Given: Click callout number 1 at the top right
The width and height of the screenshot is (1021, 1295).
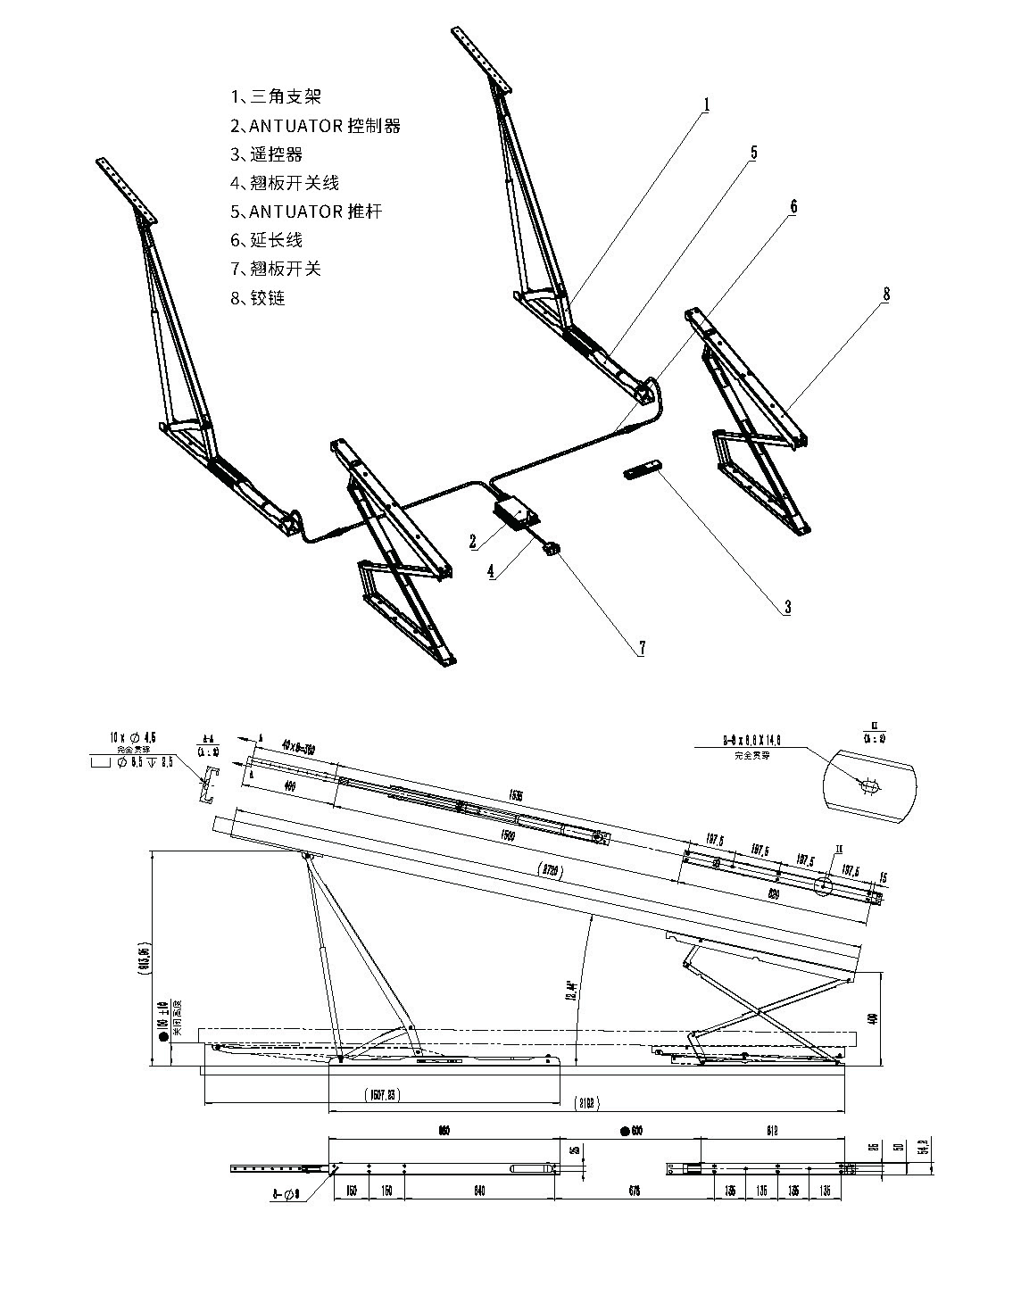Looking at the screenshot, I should (x=705, y=105).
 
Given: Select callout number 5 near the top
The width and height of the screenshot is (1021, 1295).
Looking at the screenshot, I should (x=753, y=153).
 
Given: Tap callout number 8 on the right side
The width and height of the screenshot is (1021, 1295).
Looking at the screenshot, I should (x=885, y=294).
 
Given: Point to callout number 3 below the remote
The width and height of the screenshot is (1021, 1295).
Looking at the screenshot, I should (x=786, y=608).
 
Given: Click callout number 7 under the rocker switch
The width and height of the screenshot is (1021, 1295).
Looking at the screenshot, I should (x=641, y=649).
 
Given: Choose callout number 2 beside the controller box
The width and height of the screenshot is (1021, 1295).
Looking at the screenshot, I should (x=474, y=541).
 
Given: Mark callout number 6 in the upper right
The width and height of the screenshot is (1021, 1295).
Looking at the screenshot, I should (x=793, y=206).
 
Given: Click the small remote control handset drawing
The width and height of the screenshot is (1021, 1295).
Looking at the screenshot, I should (x=643, y=470).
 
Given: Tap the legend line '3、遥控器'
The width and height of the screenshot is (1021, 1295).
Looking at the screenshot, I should (x=267, y=154).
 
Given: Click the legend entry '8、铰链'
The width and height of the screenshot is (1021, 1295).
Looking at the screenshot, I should (x=258, y=298).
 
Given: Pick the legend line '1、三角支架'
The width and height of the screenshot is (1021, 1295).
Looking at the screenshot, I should (x=276, y=96).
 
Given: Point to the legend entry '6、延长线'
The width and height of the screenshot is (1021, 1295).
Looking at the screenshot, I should (x=267, y=240).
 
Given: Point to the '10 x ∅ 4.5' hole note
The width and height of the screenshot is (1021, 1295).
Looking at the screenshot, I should (x=132, y=737).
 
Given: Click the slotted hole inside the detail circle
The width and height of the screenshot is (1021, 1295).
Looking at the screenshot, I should (x=868, y=785).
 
